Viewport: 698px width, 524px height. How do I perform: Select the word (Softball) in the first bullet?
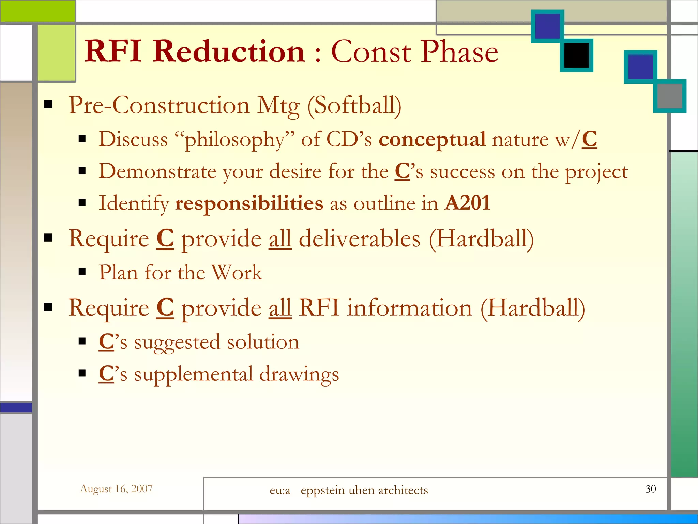[354, 105]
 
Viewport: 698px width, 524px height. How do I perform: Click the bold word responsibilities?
[249, 203]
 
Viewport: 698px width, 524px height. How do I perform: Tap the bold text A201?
[468, 203]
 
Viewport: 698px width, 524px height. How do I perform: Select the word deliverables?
[360, 239]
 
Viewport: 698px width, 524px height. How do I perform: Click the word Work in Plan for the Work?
[237, 273]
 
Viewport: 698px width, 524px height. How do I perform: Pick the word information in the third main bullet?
[410, 308]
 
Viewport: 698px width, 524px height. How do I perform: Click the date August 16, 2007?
[116, 489]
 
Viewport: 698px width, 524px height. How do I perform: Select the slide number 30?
[650, 489]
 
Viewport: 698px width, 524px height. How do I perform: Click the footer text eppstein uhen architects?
[364, 490]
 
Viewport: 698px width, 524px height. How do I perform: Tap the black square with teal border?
[576, 55]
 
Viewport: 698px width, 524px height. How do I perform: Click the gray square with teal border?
[669, 96]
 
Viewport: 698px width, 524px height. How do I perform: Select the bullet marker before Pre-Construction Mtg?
[48, 104]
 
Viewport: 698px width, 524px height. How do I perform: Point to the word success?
[462, 172]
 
